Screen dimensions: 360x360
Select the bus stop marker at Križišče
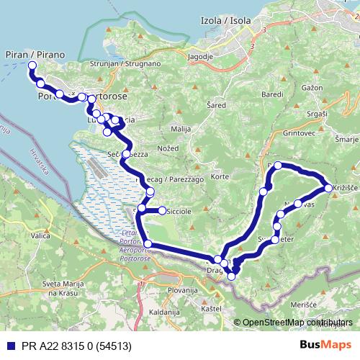pos(328,188)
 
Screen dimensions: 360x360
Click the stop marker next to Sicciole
pos(162,211)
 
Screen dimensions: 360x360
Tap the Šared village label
pos(217,105)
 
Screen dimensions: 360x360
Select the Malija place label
pos(180,128)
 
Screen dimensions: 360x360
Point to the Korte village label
pos(220,176)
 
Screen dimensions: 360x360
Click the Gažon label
pos(312,86)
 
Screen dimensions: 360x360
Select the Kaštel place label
pos(211,308)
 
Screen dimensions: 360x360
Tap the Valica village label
pos(40,235)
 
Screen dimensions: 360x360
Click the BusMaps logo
pos(325,345)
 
